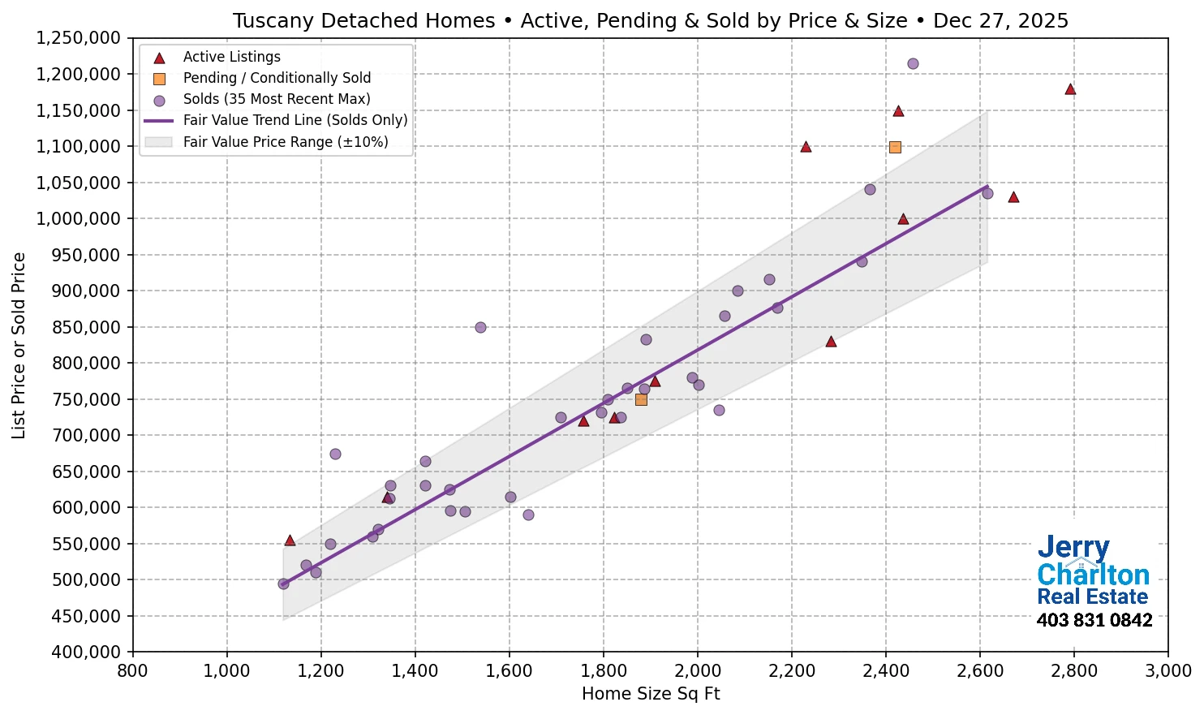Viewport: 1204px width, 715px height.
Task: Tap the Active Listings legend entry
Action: coord(231,57)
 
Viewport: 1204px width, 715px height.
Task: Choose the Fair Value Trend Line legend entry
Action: coord(295,120)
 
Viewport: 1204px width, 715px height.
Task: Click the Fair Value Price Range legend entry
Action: coord(285,142)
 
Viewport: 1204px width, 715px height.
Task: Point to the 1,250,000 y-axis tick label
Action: coord(78,38)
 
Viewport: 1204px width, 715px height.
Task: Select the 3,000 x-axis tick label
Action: coord(1167,671)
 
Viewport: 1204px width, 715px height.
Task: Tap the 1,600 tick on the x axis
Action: coord(509,671)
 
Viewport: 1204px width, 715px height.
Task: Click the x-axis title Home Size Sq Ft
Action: coord(651,694)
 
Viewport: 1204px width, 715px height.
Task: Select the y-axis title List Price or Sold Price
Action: coord(19,346)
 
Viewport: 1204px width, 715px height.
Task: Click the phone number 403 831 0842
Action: coord(1094,621)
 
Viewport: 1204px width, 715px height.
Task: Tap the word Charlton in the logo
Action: coord(1093,575)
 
